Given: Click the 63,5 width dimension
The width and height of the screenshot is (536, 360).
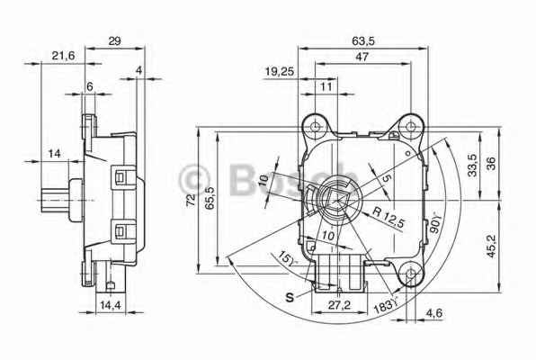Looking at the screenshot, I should click(362, 40).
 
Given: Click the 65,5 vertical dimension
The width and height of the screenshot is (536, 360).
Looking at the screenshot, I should click(210, 201).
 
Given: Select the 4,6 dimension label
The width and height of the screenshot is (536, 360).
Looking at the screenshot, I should click(434, 312).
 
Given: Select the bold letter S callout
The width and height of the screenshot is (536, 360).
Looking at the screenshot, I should click(290, 296).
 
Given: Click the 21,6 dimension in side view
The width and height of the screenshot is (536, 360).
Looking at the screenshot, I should click(62, 56).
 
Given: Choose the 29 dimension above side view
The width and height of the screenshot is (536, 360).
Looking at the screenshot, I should click(114, 40).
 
